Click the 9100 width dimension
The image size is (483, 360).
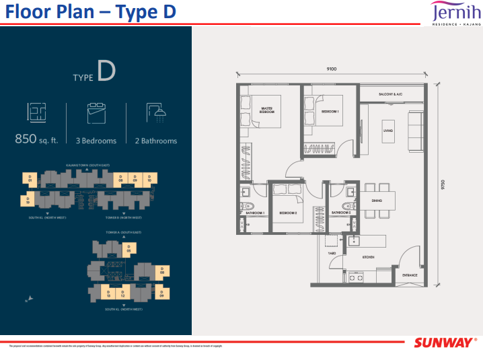(331, 69)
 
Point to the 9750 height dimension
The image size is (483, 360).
(443, 184)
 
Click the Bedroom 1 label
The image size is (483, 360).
(329, 110)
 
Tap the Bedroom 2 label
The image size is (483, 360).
(289, 213)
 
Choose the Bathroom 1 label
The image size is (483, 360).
(255, 213)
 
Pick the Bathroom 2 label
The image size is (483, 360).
(340, 213)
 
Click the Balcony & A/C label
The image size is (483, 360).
(390, 94)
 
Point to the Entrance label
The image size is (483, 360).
(410, 275)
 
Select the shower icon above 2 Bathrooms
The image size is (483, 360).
(156, 112)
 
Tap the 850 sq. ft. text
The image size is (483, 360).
(36, 141)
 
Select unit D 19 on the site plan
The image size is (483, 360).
(29, 200)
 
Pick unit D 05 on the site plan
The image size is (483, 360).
(128, 248)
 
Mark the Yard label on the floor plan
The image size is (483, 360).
(332, 253)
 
